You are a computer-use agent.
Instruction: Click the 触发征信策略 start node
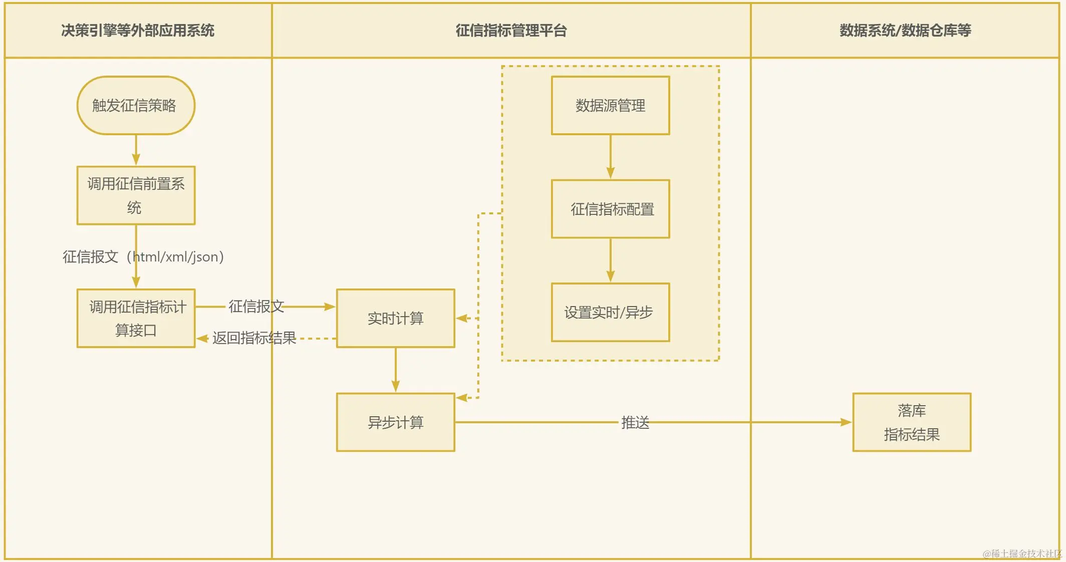click(x=136, y=105)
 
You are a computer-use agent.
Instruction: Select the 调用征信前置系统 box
click(x=136, y=195)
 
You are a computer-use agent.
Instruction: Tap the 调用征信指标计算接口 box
click(x=136, y=318)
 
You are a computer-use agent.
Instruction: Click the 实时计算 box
click(x=395, y=318)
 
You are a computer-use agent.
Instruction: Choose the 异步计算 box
click(x=395, y=422)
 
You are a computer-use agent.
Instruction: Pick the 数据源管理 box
click(x=610, y=105)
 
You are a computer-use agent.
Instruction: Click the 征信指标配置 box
click(x=610, y=209)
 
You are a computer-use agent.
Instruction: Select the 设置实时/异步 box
click(x=610, y=313)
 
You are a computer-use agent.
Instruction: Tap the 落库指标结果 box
click(x=911, y=422)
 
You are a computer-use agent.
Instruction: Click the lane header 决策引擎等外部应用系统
click(x=138, y=31)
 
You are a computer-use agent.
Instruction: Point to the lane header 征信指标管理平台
click(x=511, y=31)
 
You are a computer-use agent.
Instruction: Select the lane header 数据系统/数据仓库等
click(x=905, y=31)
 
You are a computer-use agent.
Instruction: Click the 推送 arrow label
click(x=635, y=422)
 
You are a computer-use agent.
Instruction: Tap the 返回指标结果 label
click(x=254, y=338)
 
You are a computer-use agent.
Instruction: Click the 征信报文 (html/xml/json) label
click(x=143, y=257)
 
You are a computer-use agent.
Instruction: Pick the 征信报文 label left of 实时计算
click(x=256, y=306)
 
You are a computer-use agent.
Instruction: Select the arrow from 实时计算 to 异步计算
click(x=395, y=370)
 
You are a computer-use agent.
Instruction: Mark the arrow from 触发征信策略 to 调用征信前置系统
click(x=136, y=150)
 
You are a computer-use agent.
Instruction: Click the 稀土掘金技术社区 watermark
click(x=1022, y=553)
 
